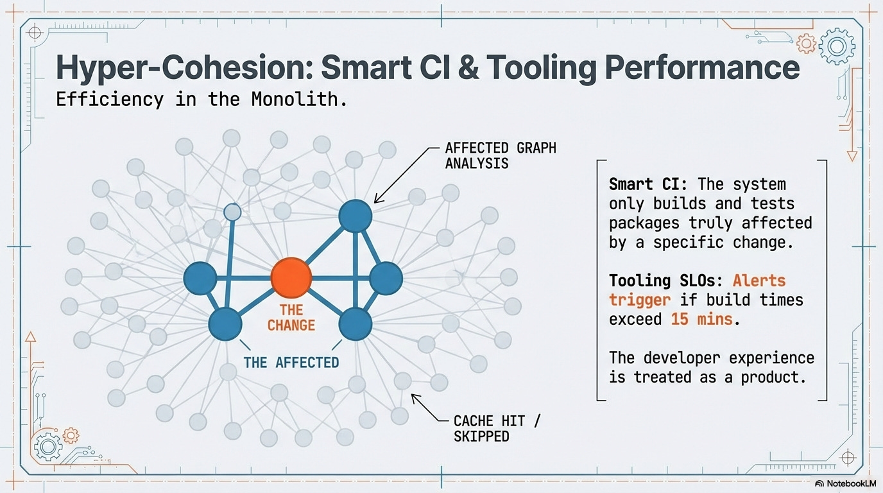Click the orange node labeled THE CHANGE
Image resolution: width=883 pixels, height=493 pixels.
pyautogui.click(x=291, y=278)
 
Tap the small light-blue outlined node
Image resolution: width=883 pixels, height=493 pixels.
pyautogui.click(x=232, y=211)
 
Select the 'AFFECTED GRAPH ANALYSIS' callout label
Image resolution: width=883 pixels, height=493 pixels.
pyautogui.click(x=501, y=155)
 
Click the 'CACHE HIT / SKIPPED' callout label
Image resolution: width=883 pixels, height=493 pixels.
pyautogui.click(x=497, y=428)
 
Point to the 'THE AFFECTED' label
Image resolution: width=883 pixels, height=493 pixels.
pyautogui.click(x=291, y=363)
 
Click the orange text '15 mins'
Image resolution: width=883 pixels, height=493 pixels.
pyautogui.click(x=701, y=318)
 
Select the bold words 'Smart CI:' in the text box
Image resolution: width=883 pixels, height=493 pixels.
pyautogui.click(x=648, y=184)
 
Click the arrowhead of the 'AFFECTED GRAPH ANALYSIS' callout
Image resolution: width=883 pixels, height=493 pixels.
pyautogui.click(x=376, y=201)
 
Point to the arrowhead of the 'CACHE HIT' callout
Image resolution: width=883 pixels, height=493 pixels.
pyautogui.click(x=413, y=397)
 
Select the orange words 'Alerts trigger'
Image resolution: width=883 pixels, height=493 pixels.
pyautogui.click(x=698, y=290)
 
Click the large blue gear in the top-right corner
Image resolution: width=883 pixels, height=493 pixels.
pyautogui.click(x=838, y=46)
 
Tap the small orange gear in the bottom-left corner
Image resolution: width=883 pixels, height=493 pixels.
pyautogui.click(x=70, y=436)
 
